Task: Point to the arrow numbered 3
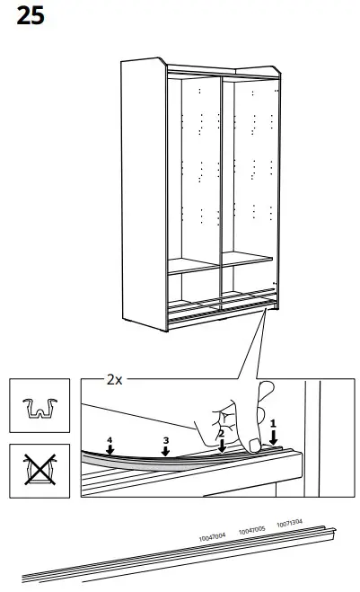[165, 446]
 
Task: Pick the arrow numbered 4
[110, 446]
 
